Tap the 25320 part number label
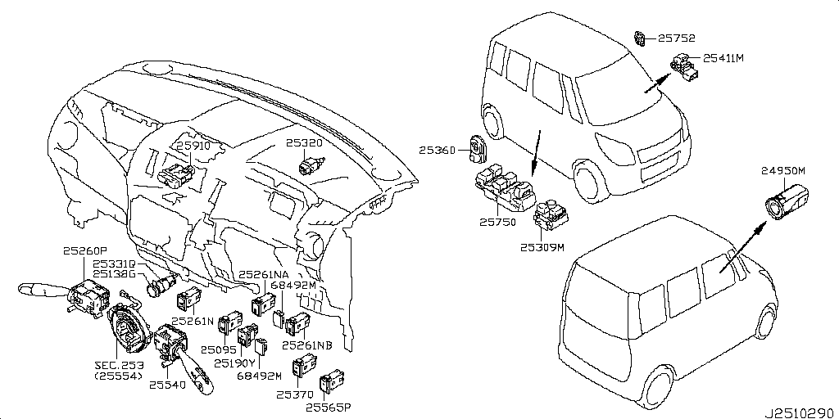pos(305,142)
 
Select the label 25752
pos(677,37)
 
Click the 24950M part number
pos(783,170)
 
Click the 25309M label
pos(542,246)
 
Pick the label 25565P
pos(328,406)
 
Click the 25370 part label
pos(293,394)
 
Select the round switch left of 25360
pos(477,147)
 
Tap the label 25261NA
pos(263,274)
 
